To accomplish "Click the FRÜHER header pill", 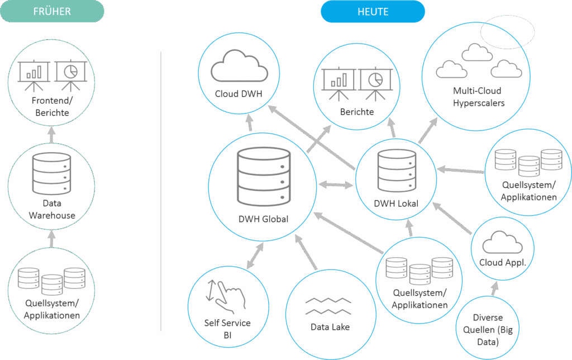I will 52,11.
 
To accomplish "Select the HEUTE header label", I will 373,11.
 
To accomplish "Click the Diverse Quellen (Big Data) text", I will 487,330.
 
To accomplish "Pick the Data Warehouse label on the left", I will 51,210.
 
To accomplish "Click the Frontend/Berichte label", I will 51,107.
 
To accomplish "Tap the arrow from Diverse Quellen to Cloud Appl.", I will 494,287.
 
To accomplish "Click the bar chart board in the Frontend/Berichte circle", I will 31,73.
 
